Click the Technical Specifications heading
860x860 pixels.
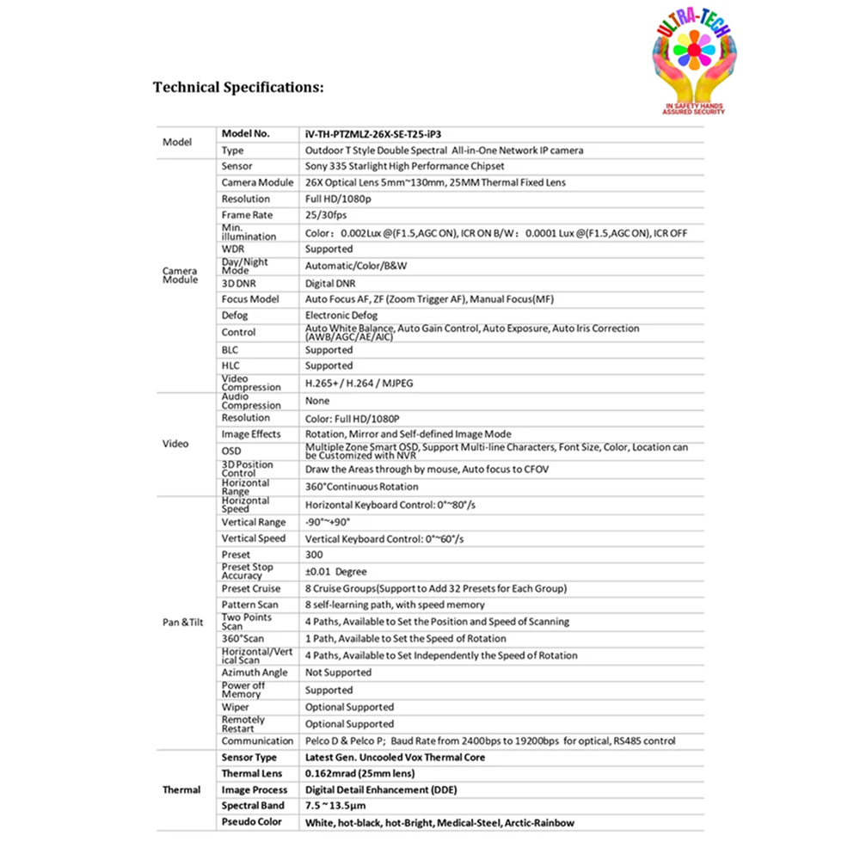[238, 87]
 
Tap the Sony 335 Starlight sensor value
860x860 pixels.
[404, 166]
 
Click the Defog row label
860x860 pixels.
[235, 316]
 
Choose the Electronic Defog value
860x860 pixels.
[341, 316]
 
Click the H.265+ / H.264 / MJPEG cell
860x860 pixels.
[359, 383]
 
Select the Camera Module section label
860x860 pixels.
[180, 275]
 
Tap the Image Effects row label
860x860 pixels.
[251, 434]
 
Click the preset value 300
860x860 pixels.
[314, 555]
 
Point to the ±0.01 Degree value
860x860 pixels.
[335, 572]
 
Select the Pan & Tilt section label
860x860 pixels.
[181, 622]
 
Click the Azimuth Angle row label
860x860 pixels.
[254, 673]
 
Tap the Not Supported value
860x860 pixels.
[338, 673]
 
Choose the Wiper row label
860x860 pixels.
[235, 707]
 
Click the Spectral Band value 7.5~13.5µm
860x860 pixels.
[342, 806]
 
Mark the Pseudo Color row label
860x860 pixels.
[252, 822]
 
